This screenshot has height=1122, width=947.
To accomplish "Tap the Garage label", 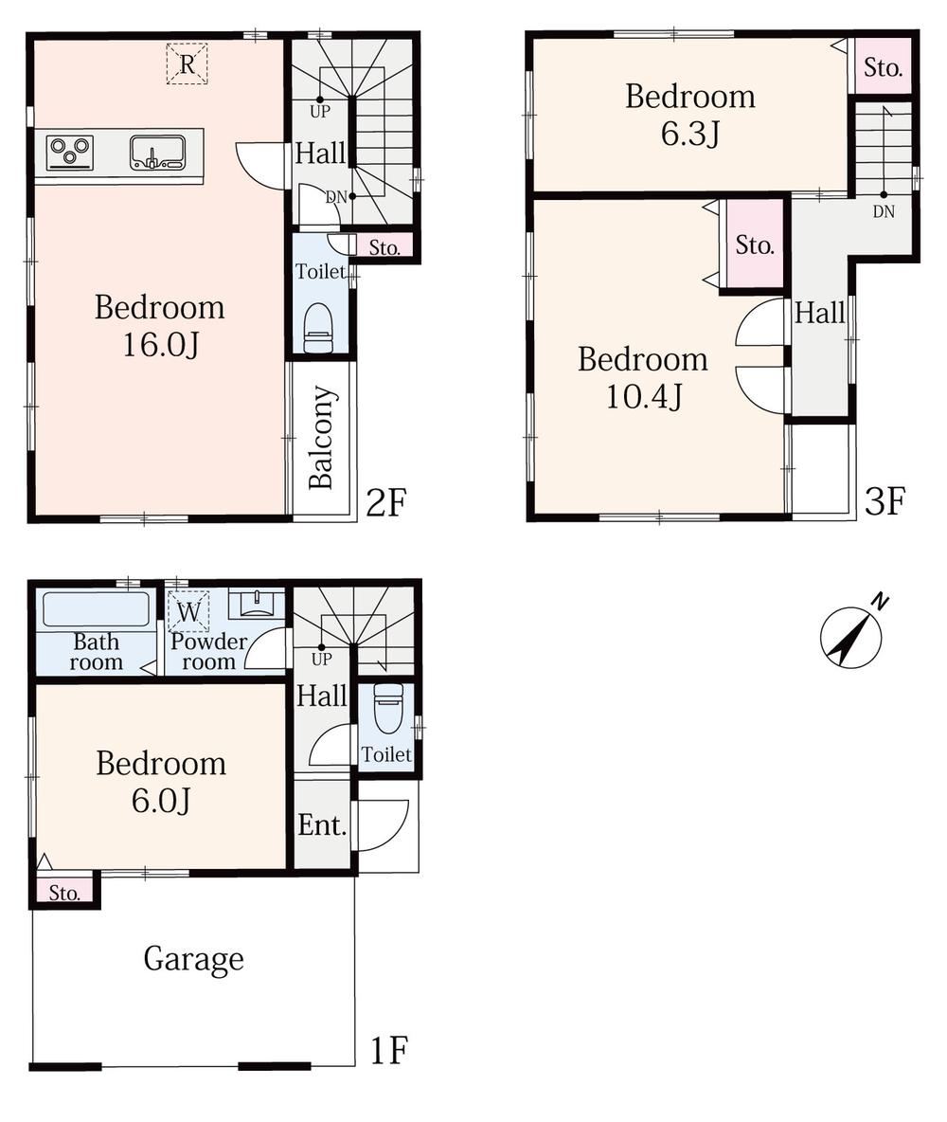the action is pos(193,959).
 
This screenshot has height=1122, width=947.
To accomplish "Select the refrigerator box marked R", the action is pos(187,63).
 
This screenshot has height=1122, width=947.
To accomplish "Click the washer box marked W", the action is pos(188,612).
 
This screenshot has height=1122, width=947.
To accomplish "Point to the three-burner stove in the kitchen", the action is pos(70,153).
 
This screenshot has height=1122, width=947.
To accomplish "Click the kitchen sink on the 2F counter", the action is pos(157,153).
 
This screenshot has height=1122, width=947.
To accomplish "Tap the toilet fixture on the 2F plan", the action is pos(318,329).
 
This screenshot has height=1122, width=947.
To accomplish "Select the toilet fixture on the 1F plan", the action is pos(388,709).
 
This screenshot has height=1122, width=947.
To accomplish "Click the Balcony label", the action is pos(321,437).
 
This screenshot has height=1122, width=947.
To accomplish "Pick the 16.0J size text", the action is pos(160,345).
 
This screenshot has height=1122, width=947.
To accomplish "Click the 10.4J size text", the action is pos(644,396).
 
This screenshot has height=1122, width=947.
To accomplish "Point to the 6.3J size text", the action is pos(689,133).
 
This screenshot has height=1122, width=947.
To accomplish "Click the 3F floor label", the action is pos(884,501).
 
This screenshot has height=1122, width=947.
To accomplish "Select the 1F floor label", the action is pos(388,1050).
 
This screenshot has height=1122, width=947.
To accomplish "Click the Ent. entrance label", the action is pos(322,825).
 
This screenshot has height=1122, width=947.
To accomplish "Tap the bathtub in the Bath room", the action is pos(97,609).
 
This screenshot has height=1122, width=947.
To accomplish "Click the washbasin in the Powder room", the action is pos(256,604).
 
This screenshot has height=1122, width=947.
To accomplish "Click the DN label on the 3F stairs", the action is pos(884,211).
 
